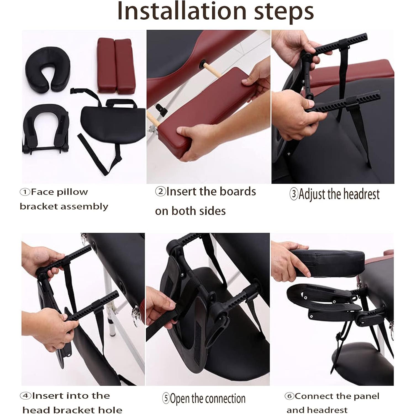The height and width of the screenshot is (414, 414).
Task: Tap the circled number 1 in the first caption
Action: point(25,192)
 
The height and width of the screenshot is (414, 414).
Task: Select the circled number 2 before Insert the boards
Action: point(160,191)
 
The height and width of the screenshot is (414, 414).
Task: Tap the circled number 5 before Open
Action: point(166,399)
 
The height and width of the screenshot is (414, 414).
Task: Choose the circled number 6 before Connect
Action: point(290,396)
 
